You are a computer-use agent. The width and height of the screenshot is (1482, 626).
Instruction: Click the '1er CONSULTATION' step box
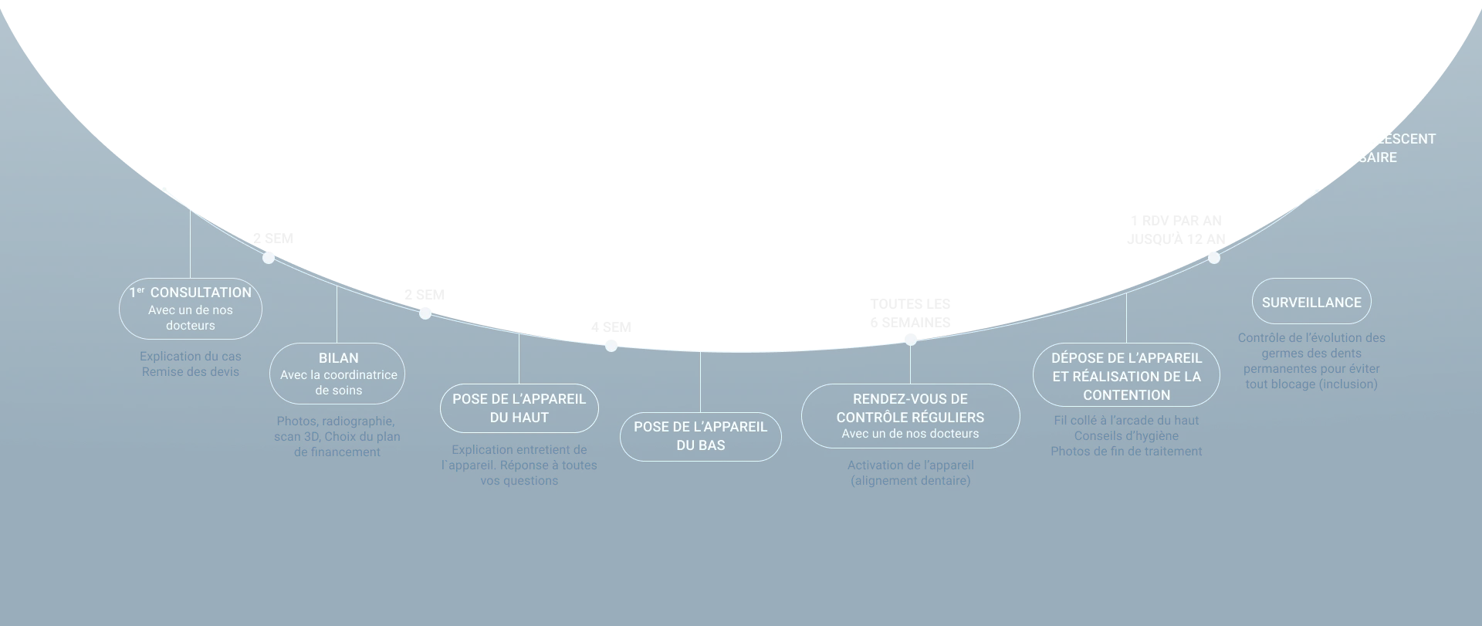point(191,309)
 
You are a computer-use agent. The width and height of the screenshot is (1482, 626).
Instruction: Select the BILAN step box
point(337,374)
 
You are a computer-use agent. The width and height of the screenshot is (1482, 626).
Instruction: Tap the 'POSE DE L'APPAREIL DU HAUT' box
point(519,408)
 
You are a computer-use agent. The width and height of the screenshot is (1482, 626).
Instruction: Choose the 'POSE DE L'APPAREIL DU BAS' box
point(701,436)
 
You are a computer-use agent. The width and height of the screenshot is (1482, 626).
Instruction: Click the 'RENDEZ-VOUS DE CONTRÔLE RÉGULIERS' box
point(910,416)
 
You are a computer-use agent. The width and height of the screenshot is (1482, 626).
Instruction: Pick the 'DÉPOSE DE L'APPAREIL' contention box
point(1126,375)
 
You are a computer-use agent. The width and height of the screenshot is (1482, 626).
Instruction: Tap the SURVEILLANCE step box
point(1311,302)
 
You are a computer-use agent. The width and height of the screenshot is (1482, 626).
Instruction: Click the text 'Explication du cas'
point(191,357)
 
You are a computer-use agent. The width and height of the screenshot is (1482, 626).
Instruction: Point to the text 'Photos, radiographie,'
point(336,421)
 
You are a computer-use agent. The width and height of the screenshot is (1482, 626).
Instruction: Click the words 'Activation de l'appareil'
point(911,465)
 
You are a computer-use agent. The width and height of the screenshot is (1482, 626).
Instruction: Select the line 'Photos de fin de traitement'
point(1126,452)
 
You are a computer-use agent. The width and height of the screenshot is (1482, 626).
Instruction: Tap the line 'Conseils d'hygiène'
point(1126,436)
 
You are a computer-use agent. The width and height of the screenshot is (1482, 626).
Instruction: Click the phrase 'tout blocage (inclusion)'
point(1311,384)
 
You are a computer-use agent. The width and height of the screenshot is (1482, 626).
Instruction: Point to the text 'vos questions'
point(519,481)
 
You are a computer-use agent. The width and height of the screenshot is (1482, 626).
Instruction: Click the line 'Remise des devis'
point(191,372)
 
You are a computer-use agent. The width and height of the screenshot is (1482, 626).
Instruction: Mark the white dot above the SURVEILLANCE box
point(1214,258)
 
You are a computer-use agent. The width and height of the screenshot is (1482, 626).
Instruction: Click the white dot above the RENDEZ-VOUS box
point(911,340)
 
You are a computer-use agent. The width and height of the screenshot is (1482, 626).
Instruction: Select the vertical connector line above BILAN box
point(337,315)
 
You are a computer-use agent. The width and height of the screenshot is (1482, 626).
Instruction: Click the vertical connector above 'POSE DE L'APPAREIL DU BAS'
point(701,381)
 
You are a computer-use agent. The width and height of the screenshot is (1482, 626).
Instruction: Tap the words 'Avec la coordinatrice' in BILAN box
point(339,375)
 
